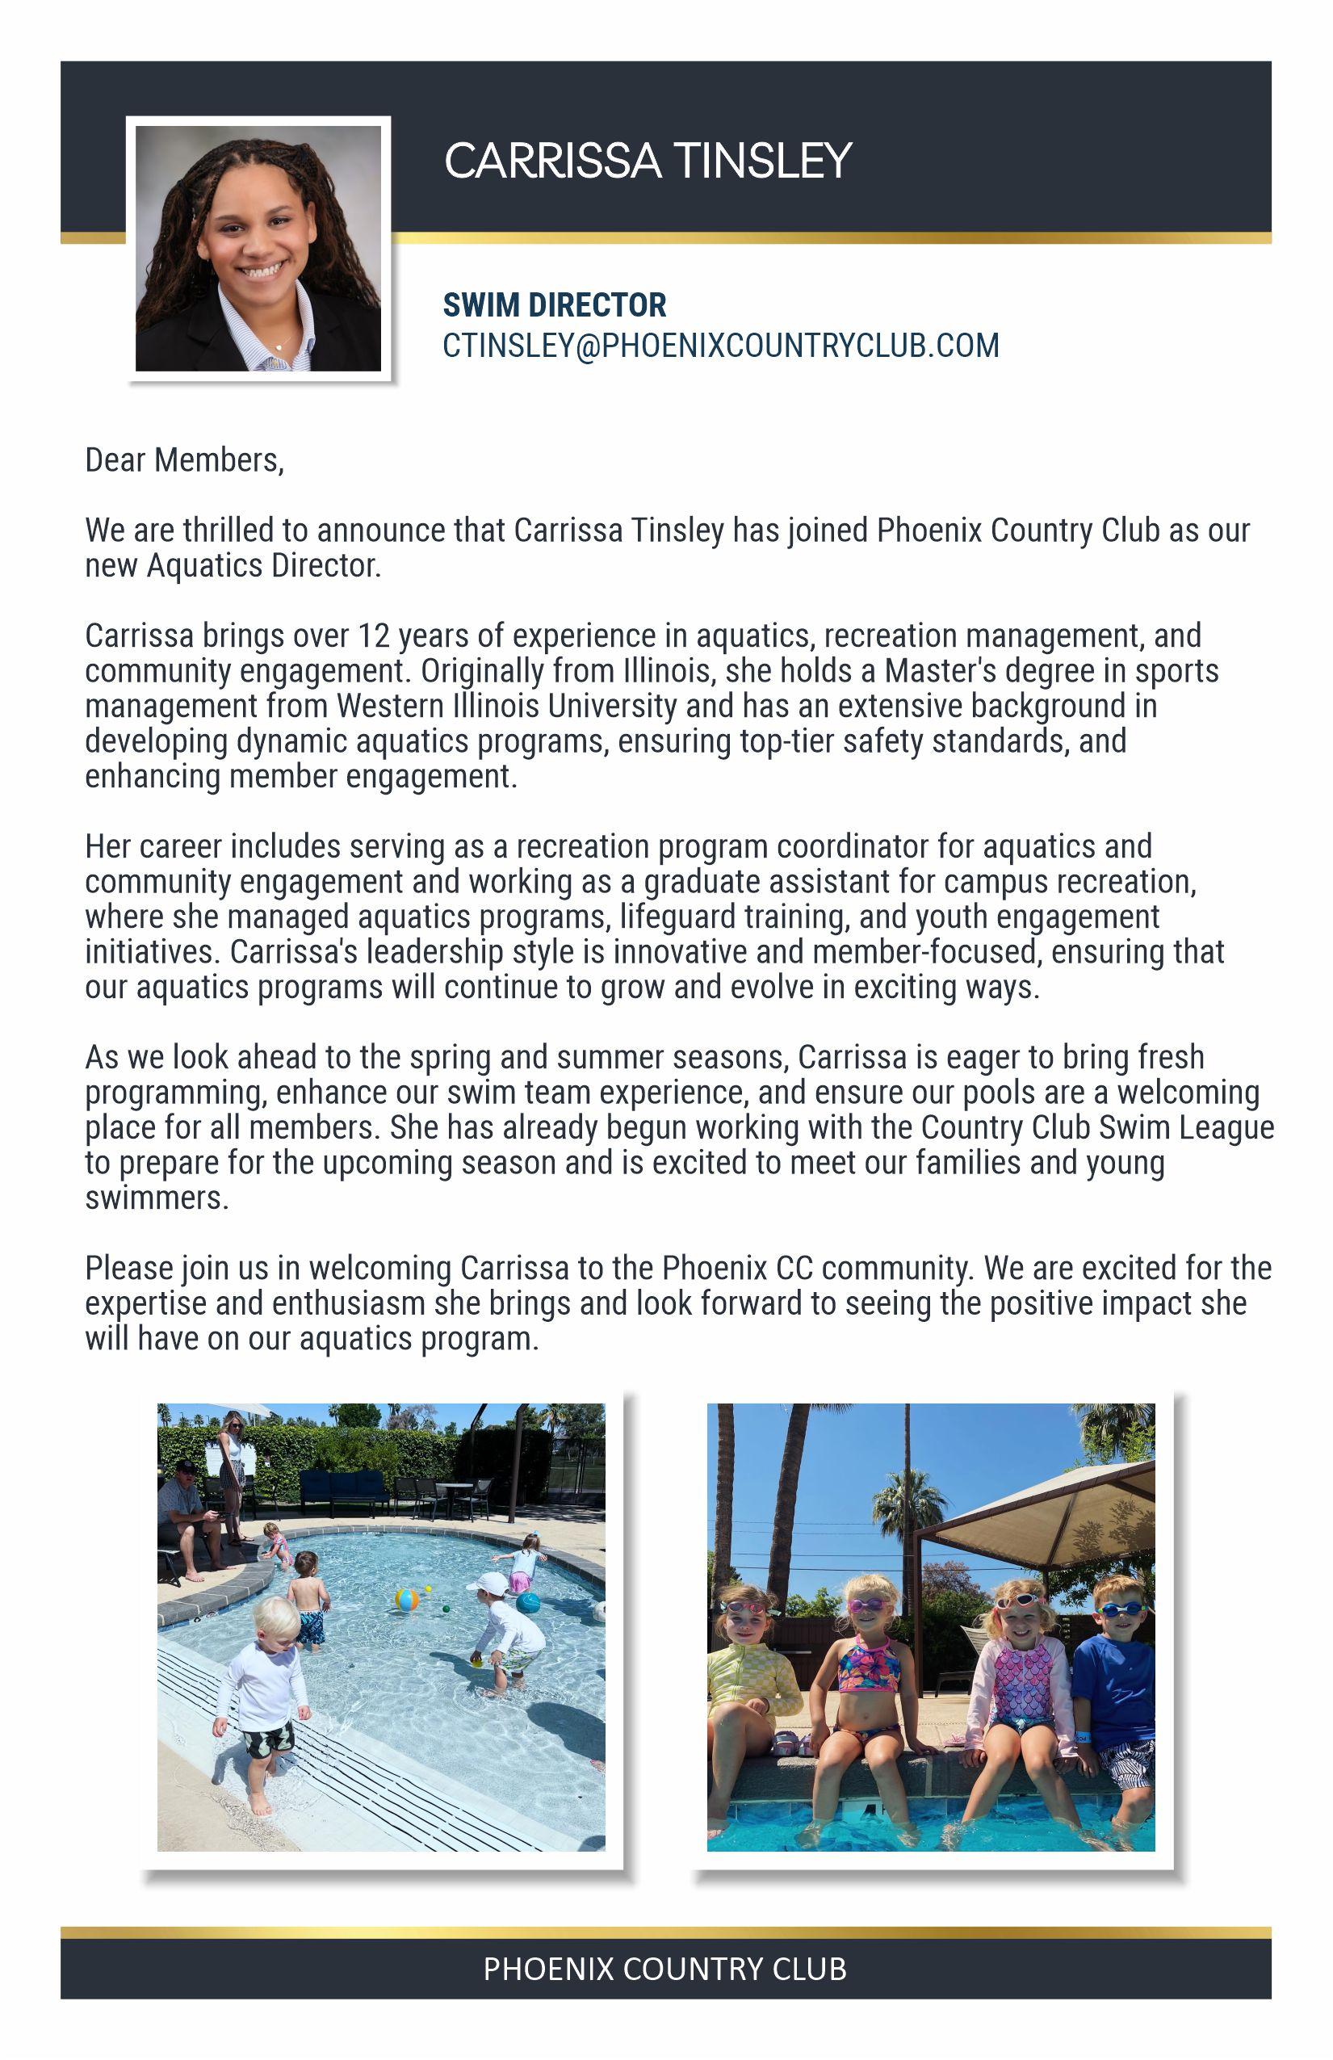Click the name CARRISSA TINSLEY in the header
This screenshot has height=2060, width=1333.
point(648,161)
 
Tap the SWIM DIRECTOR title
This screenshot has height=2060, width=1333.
point(554,305)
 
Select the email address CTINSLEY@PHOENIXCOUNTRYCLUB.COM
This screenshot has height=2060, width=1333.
point(720,346)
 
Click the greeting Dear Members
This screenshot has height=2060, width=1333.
point(183,460)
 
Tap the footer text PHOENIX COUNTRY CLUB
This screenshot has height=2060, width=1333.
point(664,1969)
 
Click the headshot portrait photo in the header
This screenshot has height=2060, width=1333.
point(258,249)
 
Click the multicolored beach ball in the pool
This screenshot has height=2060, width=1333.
point(407,1599)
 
